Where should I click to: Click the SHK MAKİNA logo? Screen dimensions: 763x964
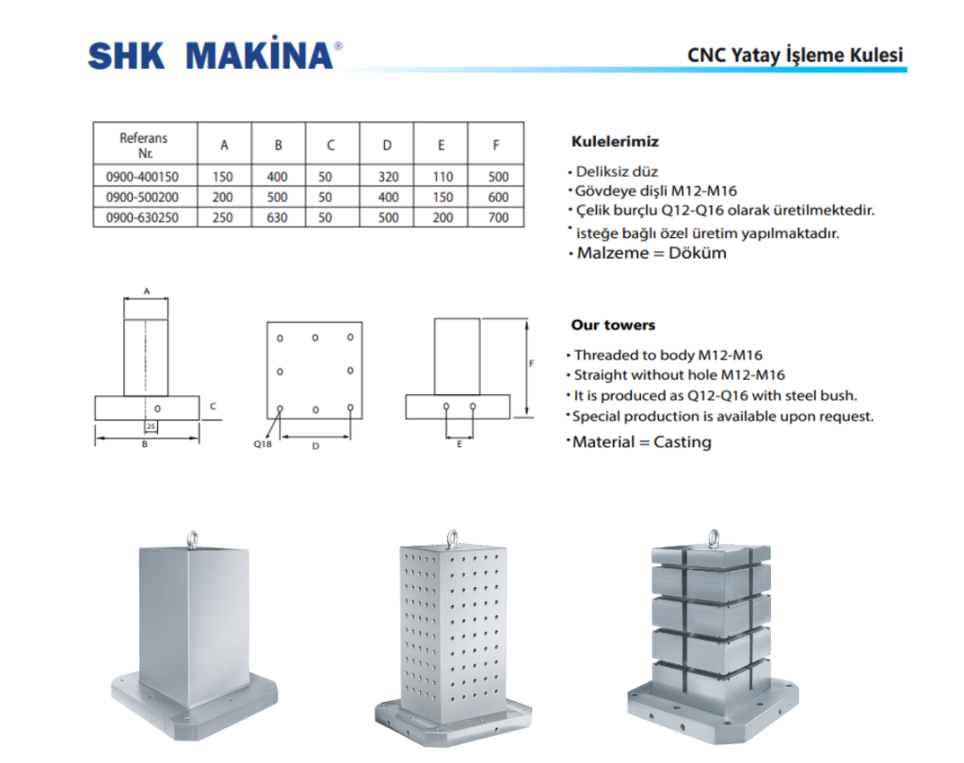click(x=211, y=56)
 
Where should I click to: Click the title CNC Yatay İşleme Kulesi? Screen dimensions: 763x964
click(x=795, y=55)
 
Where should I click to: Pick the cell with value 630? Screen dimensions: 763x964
click(x=278, y=217)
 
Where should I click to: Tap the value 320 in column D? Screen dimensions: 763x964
click(x=387, y=177)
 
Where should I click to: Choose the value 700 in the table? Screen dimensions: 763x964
click(x=498, y=217)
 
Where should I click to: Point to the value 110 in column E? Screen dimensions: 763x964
click(x=442, y=177)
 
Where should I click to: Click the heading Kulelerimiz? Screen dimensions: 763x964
click(x=615, y=142)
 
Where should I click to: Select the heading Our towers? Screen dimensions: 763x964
click(x=613, y=326)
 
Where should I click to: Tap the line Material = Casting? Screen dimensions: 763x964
click(x=641, y=442)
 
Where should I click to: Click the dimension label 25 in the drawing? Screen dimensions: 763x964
click(x=151, y=426)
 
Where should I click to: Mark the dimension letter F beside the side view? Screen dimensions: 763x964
click(x=532, y=362)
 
